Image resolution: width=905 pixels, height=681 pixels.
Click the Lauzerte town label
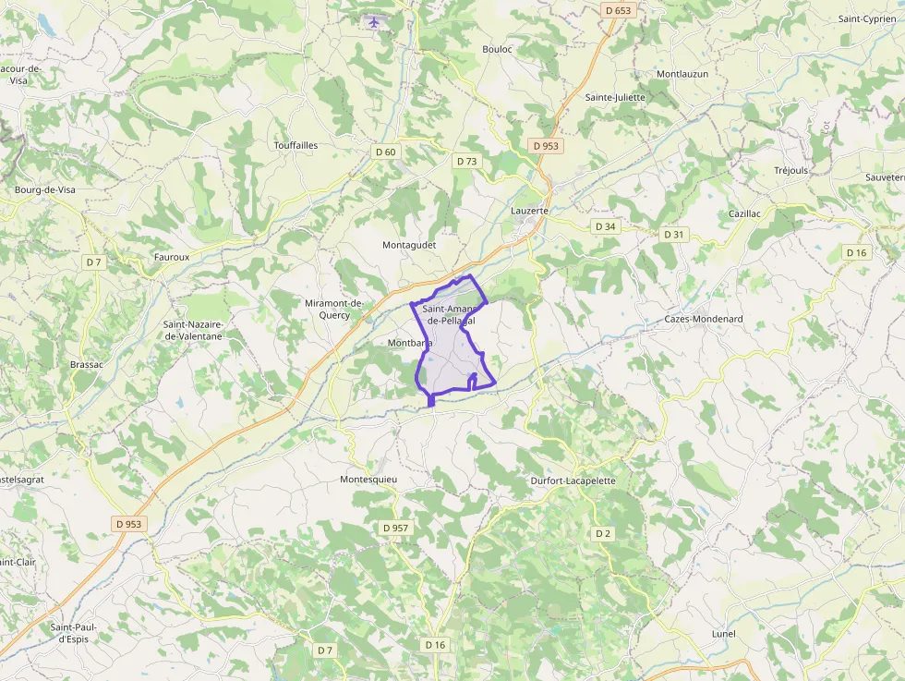tap(529, 211)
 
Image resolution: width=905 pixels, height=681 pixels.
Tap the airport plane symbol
tap(373, 22)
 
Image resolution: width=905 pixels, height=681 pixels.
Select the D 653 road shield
tap(619, 10)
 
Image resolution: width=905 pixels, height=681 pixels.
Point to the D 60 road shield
tap(385, 152)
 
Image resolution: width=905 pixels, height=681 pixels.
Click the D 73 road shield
tap(467, 161)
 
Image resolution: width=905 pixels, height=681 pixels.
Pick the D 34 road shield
tap(605, 226)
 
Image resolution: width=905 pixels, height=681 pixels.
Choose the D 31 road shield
tap(674, 235)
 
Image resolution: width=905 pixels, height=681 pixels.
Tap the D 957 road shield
tap(395, 528)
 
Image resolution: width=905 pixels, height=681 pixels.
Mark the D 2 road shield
tap(603, 533)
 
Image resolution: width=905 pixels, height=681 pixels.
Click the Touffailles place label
tap(296, 146)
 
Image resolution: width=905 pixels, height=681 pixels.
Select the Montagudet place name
tap(409, 245)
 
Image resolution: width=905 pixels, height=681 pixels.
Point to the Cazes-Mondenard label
tap(704, 319)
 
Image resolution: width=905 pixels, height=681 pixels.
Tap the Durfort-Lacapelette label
tap(573, 481)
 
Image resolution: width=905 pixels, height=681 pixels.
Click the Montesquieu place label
tap(368, 480)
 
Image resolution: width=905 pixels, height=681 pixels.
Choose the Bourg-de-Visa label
tap(45, 189)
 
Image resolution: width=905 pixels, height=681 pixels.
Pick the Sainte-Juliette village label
tap(615, 97)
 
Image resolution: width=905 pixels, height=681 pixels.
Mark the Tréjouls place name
tap(791, 170)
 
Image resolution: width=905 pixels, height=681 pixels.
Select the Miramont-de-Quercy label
tap(333, 309)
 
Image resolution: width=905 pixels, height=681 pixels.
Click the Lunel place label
tap(724, 634)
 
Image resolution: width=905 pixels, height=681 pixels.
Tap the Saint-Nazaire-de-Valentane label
tap(193, 330)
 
